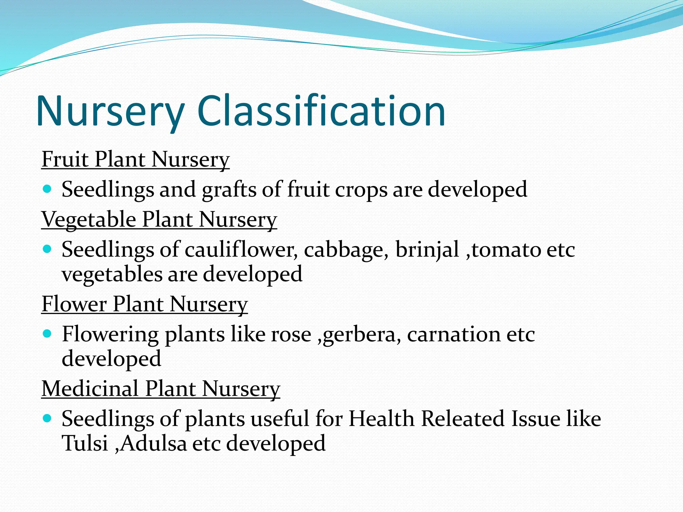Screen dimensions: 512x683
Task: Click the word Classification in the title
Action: point(321,111)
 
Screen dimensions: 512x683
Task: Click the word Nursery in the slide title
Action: point(110,111)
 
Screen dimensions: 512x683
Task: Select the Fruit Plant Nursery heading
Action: point(135,159)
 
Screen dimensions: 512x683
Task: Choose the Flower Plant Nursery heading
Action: point(144,304)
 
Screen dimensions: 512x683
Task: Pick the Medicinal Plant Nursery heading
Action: point(161,389)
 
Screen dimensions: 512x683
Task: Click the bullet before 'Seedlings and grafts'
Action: point(47,189)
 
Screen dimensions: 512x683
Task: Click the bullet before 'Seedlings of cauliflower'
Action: point(47,249)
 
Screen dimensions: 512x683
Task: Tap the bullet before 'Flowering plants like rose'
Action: point(47,334)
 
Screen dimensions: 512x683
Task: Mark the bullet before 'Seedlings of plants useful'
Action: point(47,418)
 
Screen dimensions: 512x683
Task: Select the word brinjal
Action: point(427,250)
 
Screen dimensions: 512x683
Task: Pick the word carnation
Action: point(454,335)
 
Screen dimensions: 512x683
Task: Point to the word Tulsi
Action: point(85,444)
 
